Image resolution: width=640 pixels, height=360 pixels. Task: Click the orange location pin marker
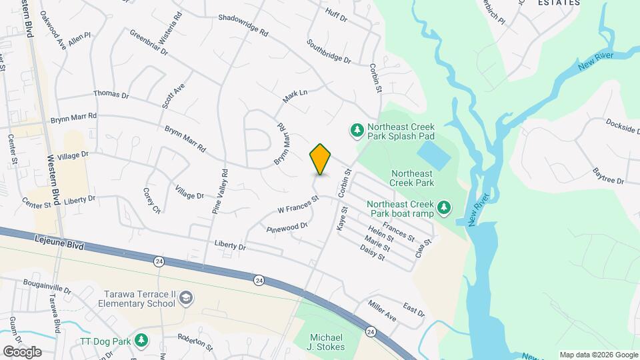[x=321, y=159]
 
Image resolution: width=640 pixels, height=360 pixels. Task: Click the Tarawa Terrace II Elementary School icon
[x=187, y=298]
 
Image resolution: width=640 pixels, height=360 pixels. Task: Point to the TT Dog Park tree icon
[x=141, y=339]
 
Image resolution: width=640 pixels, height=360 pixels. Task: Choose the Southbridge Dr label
[x=329, y=51]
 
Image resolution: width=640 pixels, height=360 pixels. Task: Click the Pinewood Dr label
[x=286, y=227]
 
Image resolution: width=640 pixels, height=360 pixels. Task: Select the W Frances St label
[x=299, y=204]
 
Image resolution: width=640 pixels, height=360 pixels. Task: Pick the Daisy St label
[x=372, y=253]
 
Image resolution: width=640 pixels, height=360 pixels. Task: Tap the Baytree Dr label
[x=608, y=176]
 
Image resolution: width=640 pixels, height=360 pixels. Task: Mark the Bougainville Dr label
[x=46, y=289]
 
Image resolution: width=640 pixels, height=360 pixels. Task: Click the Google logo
[x=22, y=351]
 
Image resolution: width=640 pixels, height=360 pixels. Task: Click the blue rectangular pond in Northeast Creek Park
[x=436, y=154]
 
